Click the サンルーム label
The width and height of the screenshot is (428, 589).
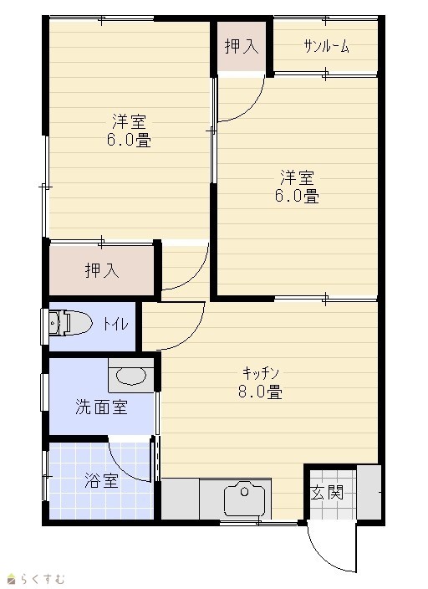[x=326, y=46]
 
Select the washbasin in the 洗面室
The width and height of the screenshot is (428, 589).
[x=131, y=376]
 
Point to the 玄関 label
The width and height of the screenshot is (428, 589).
[x=327, y=493]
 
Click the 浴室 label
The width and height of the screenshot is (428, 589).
[x=102, y=480]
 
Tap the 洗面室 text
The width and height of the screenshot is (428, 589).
[x=101, y=407]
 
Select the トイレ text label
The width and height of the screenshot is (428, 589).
[x=116, y=324]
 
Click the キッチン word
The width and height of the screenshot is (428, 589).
[x=261, y=373]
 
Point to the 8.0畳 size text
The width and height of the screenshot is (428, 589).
[x=260, y=392]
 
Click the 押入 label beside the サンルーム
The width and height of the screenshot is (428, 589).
[x=242, y=46]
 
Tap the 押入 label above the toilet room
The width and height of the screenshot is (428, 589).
[x=102, y=270]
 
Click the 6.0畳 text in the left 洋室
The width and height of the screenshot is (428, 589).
[x=129, y=140]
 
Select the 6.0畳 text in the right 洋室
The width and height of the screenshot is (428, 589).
[x=297, y=196]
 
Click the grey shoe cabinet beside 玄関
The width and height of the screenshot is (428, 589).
[x=369, y=492]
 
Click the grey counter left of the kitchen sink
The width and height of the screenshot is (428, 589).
[x=181, y=499]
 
